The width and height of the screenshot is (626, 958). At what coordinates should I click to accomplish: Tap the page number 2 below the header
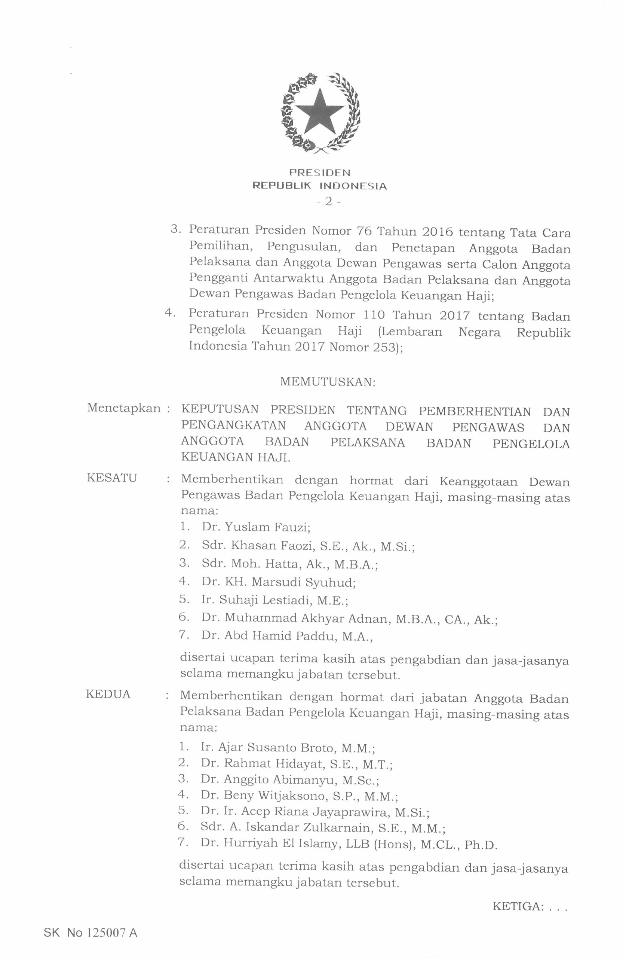coord(328,202)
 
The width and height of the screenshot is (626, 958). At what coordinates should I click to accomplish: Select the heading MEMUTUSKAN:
coord(328,381)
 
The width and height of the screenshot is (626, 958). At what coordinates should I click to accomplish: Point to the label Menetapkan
coord(123,408)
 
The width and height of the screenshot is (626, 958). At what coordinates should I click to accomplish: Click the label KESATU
coord(112,478)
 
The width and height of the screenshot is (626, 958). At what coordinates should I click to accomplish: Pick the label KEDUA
coord(108,694)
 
